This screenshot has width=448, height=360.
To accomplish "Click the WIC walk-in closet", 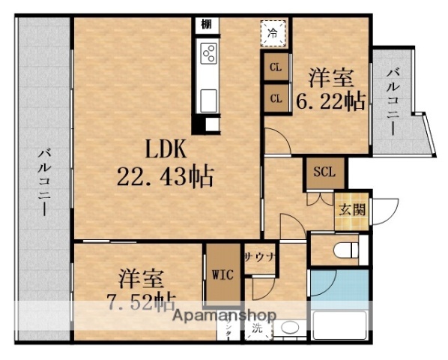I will click(222, 273).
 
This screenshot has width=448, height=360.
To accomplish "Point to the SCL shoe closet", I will click(324, 172).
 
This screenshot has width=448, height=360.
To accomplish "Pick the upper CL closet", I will click(276, 68).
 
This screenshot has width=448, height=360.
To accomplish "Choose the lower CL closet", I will click(276, 98).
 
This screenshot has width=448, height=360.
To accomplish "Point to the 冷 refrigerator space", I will click(274, 33).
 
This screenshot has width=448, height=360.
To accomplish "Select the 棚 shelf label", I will click(205, 25).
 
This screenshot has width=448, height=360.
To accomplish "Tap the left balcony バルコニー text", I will click(44, 181).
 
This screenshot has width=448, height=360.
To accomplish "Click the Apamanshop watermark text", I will click(225, 315).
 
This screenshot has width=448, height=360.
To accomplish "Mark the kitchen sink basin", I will click(208, 98).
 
